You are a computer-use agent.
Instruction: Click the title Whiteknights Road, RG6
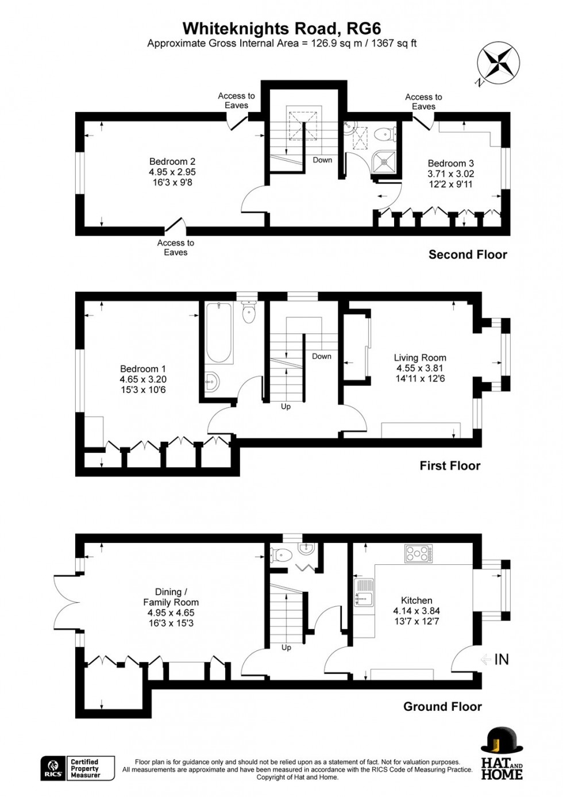click(x=281, y=28)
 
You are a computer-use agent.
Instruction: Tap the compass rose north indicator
click(x=498, y=63)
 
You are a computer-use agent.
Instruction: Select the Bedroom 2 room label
click(x=172, y=172)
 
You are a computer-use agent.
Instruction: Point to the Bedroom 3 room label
click(x=450, y=174)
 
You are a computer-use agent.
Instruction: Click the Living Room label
click(x=419, y=368)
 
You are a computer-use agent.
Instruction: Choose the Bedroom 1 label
click(x=143, y=379)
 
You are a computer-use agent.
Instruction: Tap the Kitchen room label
click(x=417, y=611)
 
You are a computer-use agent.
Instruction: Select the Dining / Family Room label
click(x=171, y=607)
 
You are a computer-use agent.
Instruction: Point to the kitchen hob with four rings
click(x=418, y=553)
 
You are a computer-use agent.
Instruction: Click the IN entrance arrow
click(x=495, y=659)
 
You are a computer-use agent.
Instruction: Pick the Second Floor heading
click(x=468, y=255)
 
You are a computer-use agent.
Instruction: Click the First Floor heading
click(x=450, y=465)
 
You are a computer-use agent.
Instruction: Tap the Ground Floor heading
click(x=442, y=707)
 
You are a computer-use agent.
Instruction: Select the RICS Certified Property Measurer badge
click(x=78, y=768)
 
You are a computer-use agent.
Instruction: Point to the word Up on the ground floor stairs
click(x=286, y=648)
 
